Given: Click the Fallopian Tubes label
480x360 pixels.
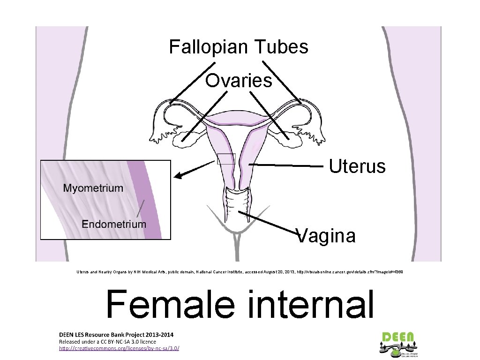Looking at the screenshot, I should tap(239, 47).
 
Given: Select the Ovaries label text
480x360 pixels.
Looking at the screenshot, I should tap(239, 81).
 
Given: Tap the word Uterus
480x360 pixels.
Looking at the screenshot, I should tap(357, 166).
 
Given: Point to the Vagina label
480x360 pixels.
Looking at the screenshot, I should tap(327, 235).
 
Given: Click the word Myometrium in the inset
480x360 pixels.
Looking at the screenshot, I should tap(93, 188).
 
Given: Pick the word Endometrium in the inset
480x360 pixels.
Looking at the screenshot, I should tap(114, 224).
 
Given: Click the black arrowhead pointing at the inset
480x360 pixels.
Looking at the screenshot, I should tap(178, 176).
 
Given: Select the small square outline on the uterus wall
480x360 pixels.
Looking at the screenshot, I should tap(226, 159).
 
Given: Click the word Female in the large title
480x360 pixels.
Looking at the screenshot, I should tap(170, 304).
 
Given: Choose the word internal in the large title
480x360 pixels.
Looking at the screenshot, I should tap(307, 304).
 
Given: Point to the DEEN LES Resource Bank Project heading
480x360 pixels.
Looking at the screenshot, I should tap(116, 335).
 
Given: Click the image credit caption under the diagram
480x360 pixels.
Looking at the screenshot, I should tap(240, 271).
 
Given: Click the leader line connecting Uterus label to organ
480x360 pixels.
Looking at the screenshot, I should tap(286, 165).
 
